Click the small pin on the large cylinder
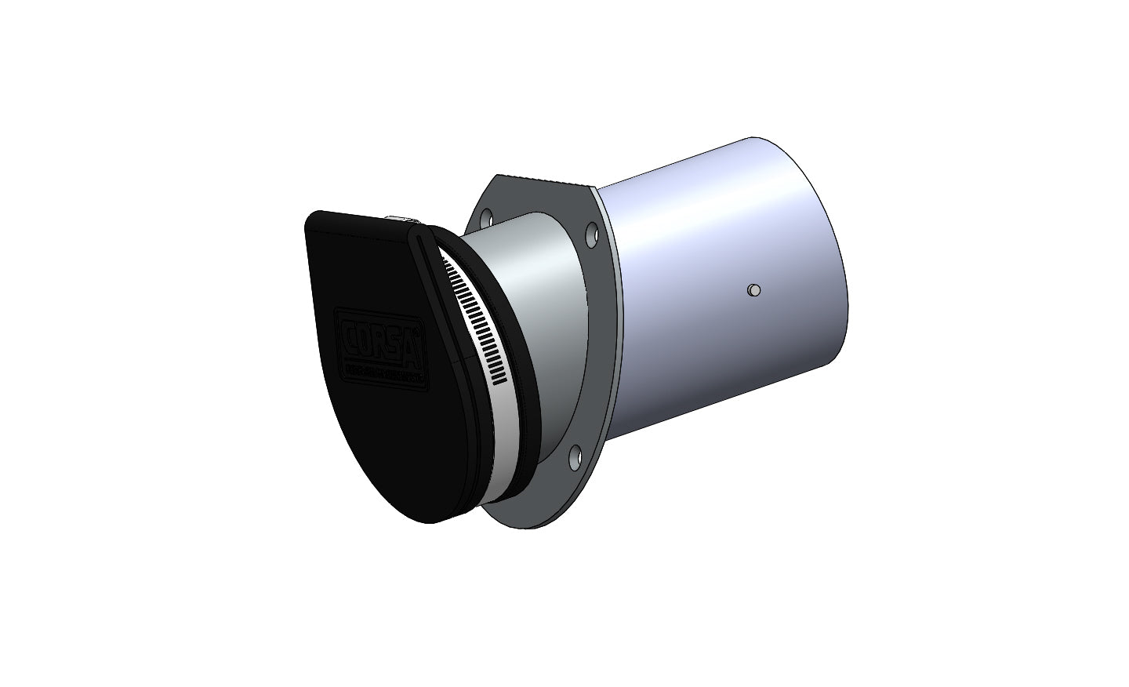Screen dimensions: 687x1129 (753, 290)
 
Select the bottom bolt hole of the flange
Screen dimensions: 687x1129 (574, 453)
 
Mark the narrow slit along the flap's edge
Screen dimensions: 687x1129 (439, 298)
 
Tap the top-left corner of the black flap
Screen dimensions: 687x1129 (314, 220)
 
